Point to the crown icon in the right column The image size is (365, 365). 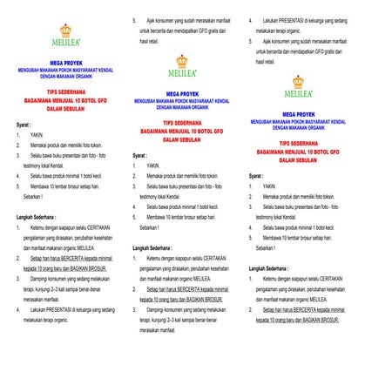click(x=298, y=82)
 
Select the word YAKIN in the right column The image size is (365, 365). click(x=269, y=186)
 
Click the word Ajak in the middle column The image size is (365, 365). click(x=161, y=18)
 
